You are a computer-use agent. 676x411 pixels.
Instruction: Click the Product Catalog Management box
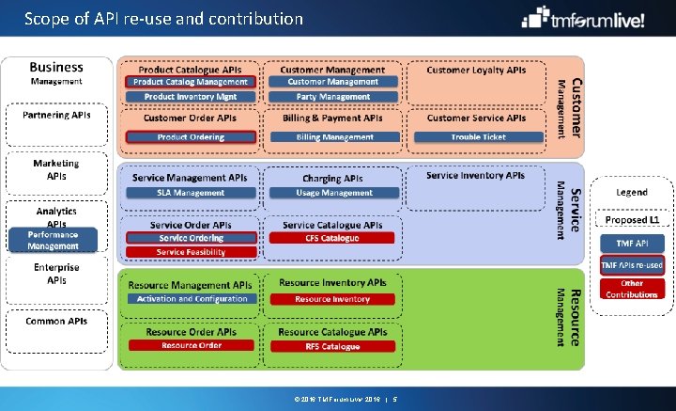coord(191,83)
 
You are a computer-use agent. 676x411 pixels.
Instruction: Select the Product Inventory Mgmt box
coord(191,97)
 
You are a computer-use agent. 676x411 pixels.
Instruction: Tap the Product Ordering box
coord(191,137)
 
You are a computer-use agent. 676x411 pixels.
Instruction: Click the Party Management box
coord(333,97)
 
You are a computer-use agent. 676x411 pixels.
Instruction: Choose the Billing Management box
coord(333,137)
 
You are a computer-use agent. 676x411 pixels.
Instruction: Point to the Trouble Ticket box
coord(477,137)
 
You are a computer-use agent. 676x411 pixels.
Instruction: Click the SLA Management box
coord(191,193)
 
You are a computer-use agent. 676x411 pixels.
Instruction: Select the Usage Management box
coord(333,193)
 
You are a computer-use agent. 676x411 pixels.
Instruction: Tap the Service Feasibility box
coord(191,252)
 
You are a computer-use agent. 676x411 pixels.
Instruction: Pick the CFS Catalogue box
coord(333,238)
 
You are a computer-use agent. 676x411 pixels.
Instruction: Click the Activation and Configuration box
coord(191,299)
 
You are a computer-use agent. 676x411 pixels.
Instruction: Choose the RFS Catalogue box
coord(333,346)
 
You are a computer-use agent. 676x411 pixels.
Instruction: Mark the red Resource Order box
coord(191,345)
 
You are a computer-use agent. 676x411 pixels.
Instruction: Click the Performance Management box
coord(53,240)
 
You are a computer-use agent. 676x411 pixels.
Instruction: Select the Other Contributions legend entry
coord(632,289)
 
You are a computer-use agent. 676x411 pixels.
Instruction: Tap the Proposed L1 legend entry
coord(632,220)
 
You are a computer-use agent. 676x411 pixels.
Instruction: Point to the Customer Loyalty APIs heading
coord(476,70)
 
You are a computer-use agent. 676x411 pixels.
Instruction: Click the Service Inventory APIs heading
coord(475,176)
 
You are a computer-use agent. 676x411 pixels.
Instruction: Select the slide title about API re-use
coord(163,18)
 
